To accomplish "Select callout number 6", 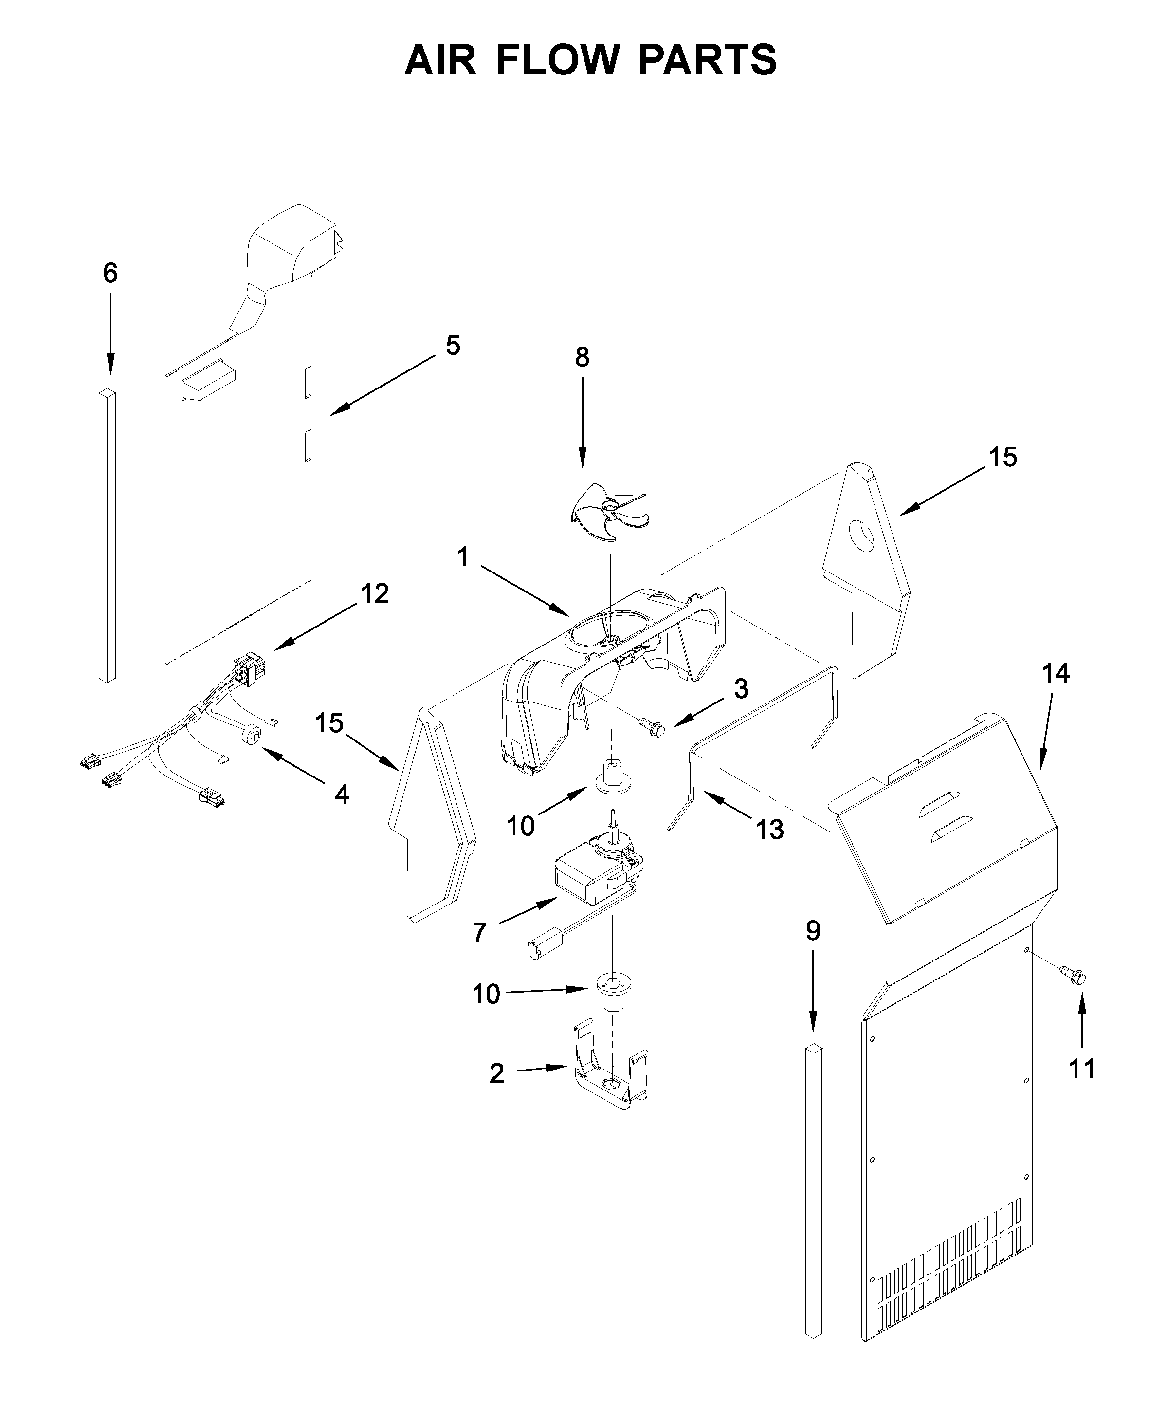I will pos(110,273).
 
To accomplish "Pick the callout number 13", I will pos(769,830).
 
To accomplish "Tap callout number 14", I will pos(1056,673).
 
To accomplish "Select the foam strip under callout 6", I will pos(107,535).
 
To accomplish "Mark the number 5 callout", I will pos(453,346).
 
